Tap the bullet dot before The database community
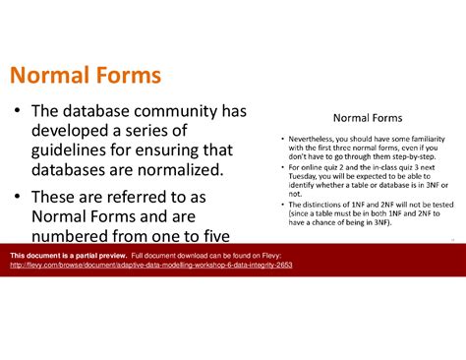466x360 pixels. (x=19, y=113)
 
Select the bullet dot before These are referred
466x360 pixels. (x=19, y=194)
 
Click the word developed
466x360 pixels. (x=74, y=131)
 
